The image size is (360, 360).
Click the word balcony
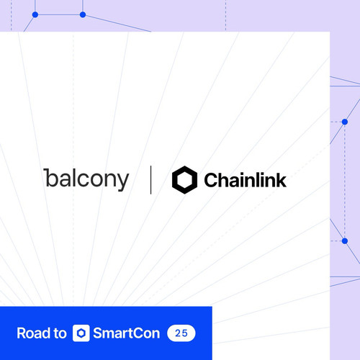point(86,179)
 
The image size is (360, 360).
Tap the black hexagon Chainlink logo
point(184,180)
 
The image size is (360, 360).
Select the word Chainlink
point(245,180)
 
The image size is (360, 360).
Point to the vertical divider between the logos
point(150,180)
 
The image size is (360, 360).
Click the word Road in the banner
point(33,333)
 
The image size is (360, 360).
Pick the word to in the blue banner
point(60,333)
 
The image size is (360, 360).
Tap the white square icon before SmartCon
point(81,333)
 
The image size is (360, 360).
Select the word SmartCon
point(126,333)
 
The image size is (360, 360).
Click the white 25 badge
point(181,333)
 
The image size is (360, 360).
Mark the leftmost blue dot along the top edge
point(35,14)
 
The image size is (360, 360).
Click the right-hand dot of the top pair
point(83,14)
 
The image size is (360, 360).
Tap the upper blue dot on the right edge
point(345,122)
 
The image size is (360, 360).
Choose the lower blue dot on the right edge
point(345,240)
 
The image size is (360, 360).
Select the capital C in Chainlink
point(211,180)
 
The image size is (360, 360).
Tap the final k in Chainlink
point(282,179)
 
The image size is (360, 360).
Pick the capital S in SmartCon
point(98,333)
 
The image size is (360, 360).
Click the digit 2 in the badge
point(178,333)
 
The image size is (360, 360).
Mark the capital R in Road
point(21,333)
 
